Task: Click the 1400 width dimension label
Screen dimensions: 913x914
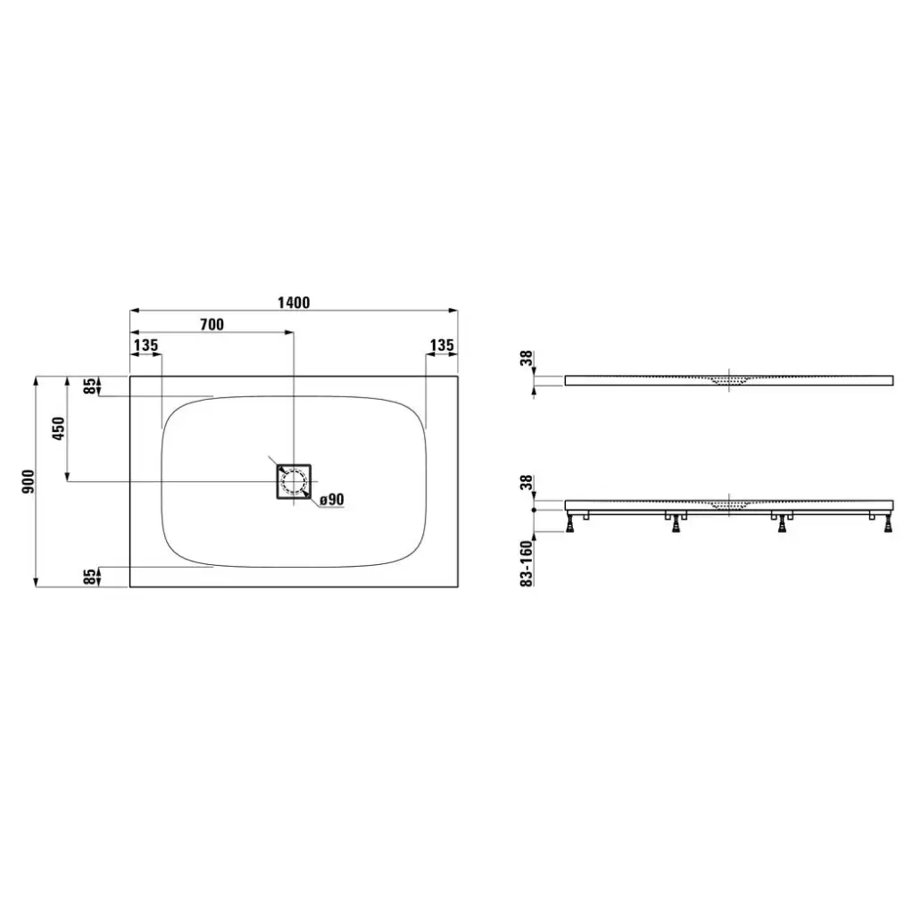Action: point(294,303)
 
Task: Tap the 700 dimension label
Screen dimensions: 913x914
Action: point(212,324)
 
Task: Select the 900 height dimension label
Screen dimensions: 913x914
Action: point(28,481)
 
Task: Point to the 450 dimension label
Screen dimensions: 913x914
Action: point(59,428)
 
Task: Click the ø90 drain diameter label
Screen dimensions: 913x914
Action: point(332,500)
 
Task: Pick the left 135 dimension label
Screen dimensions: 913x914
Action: point(145,345)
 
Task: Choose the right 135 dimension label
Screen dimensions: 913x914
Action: point(442,345)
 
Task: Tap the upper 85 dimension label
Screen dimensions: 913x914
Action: point(90,386)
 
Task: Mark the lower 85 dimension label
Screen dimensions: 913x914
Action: point(90,577)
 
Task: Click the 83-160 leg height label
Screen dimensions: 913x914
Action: point(527,564)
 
